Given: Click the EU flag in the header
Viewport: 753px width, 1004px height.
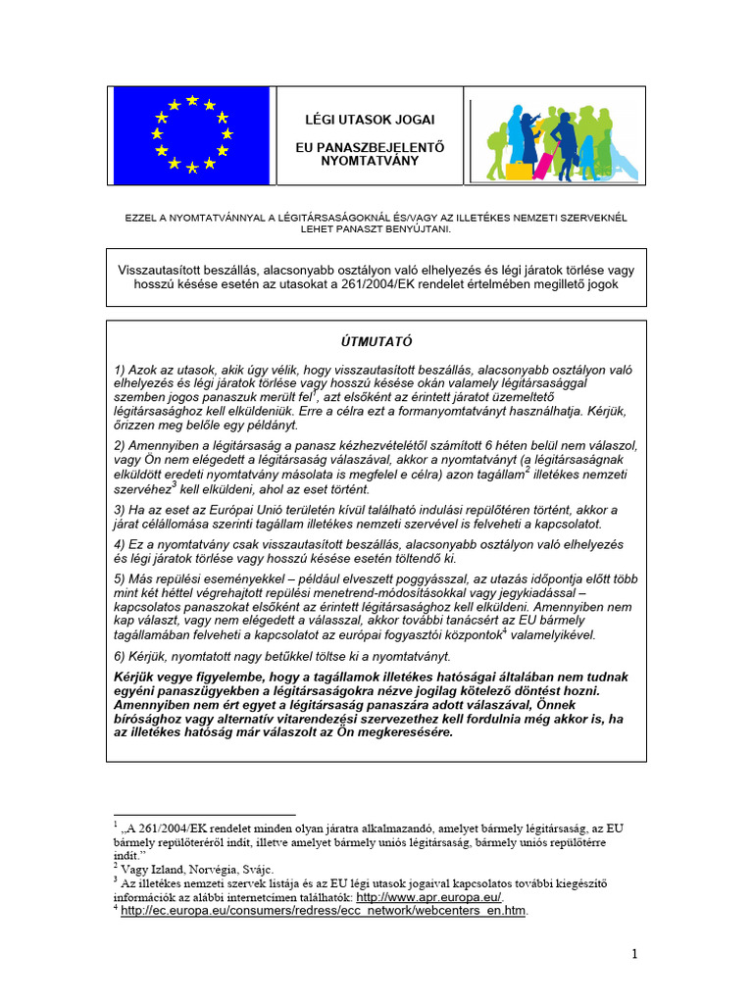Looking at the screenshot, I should (x=191, y=135).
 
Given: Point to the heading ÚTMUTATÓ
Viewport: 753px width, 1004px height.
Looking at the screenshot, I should (x=376, y=342).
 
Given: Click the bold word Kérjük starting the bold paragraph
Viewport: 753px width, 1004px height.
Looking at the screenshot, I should (x=136, y=678).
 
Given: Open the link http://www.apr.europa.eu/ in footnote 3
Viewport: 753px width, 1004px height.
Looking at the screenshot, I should (x=428, y=897).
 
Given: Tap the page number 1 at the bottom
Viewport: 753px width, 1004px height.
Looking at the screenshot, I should (x=634, y=954).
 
